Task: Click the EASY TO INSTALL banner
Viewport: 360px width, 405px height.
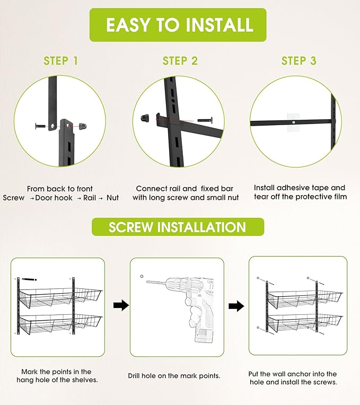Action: [178, 25]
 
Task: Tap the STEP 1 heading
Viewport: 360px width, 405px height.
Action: [60, 61]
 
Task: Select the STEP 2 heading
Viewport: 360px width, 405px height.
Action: [180, 61]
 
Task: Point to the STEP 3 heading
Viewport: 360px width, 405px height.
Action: [299, 61]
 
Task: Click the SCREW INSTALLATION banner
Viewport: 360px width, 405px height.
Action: [178, 227]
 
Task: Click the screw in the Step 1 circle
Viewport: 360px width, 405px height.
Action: [40, 126]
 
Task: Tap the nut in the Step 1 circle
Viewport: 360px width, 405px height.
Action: [83, 126]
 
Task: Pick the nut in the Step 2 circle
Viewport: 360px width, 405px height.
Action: [145, 118]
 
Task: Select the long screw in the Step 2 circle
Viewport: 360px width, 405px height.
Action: [205, 120]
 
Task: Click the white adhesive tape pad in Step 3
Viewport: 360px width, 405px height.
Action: [294, 122]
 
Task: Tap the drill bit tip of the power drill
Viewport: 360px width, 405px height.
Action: [147, 281]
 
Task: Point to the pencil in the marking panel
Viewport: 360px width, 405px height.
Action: [29, 279]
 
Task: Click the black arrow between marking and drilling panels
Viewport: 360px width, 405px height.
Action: [121, 305]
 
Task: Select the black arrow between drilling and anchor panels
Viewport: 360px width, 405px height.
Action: [236, 306]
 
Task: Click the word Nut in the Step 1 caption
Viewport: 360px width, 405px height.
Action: [112, 198]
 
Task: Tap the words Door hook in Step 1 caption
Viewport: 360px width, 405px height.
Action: [54, 198]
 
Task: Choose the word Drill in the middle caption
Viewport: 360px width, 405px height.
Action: [134, 376]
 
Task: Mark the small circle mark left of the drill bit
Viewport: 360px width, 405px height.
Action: [142, 276]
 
